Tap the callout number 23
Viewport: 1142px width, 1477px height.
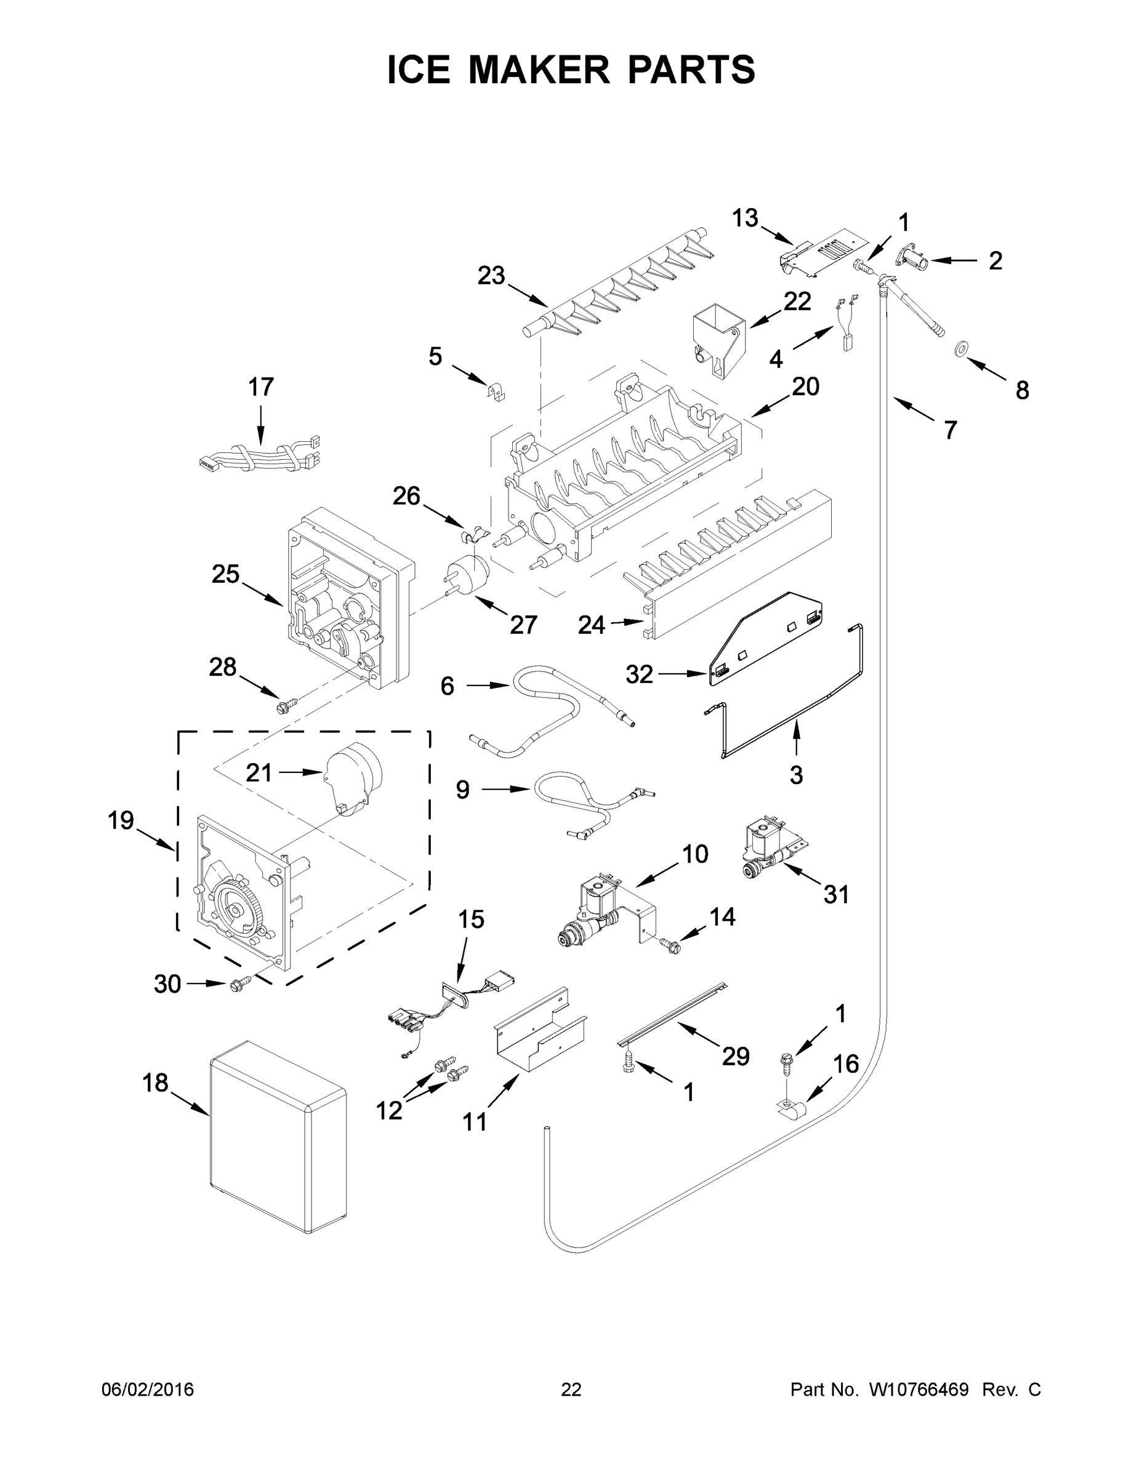(x=491, y=275)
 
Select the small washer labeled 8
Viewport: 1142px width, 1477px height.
(x=959, y=349)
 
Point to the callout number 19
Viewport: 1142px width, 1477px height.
(x=121, y=820)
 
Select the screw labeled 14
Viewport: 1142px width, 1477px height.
(x=671, y=945)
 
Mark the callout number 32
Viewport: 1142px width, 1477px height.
(x=638, y=674)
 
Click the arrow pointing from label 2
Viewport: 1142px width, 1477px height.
(x=955, y=260)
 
